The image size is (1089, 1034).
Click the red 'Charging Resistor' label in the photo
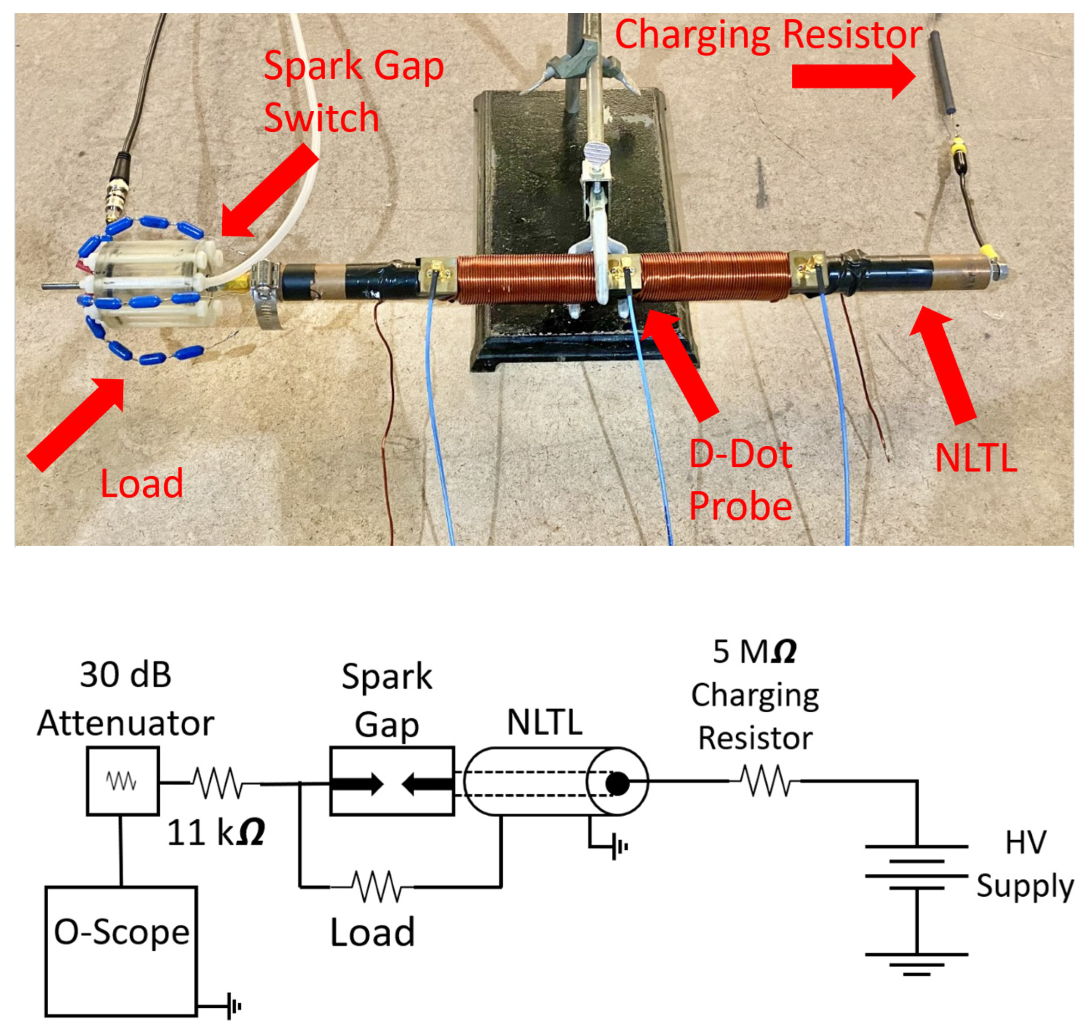[768, 34]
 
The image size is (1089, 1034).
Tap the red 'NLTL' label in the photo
[975, 459]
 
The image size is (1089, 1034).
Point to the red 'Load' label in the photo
[142, 483]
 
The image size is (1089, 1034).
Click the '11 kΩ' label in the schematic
[215, 832]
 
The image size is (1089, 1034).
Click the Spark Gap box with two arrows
[392, 781]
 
